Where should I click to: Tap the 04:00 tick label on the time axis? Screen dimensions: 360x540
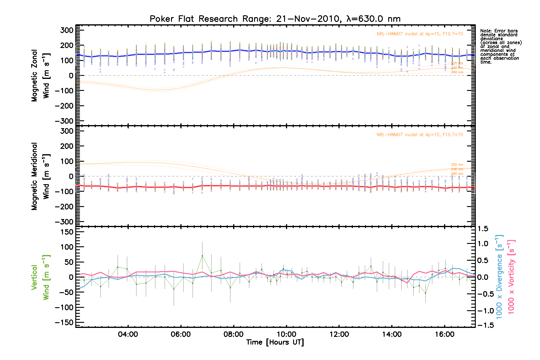[x=128, y=334]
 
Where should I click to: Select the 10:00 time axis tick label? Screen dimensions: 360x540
[x=286, y=334]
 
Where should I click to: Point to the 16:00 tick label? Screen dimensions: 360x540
[x=445, y=334]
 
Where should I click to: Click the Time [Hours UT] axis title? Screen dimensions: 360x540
[x=275, y=342]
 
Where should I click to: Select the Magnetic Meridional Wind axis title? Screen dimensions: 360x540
[x=40, y=176]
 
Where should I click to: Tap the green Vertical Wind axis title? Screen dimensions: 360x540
[x=40, y=277]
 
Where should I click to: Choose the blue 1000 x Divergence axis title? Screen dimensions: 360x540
[x=499, y=277]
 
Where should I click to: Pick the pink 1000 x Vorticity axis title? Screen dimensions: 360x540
[x=511, y=277]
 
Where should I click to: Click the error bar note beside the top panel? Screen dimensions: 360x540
[x=501, y=46]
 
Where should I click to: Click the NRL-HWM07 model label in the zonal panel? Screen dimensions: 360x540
[x=420, y=34]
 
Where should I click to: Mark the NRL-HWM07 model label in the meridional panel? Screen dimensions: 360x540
[x=420, y=135]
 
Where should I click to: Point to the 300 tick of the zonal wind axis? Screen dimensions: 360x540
[x=67, y=30]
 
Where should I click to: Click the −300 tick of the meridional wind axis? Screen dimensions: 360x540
[x=64, y=222]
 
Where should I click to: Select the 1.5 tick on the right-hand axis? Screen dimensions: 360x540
[x=483, y=229]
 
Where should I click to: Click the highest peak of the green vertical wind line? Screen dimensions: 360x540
[x=202, y=256]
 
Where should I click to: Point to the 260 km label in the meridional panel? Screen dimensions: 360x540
[x=457, y=174]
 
